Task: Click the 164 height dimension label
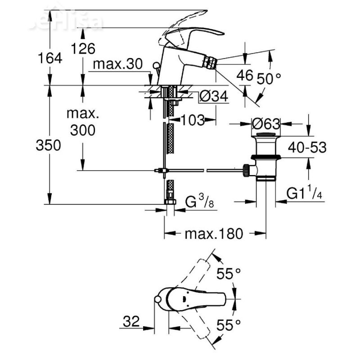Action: point(50,59)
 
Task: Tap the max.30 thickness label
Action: point(118,65)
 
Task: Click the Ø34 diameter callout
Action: point(213,96)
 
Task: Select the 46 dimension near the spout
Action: point(245,75)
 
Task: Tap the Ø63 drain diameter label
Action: point(266,123)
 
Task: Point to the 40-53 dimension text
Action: point(307,147)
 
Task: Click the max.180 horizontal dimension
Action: point(214,233)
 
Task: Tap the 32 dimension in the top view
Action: point(131,321)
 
